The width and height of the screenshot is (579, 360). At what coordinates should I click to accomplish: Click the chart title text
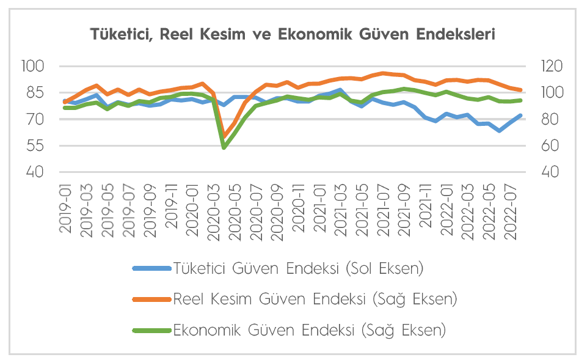coord(293,34)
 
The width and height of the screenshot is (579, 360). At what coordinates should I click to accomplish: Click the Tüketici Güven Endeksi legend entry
coord(298,268)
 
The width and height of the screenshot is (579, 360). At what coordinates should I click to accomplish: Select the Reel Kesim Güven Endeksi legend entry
coord(315,299)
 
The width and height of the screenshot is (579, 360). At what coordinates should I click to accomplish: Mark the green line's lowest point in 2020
coord(224,147)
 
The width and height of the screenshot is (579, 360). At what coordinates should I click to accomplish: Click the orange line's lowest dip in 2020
coord(224,136)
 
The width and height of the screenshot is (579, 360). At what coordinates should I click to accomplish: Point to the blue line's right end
coord(520,115)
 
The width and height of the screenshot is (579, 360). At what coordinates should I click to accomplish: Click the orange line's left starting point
coord(65,102)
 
